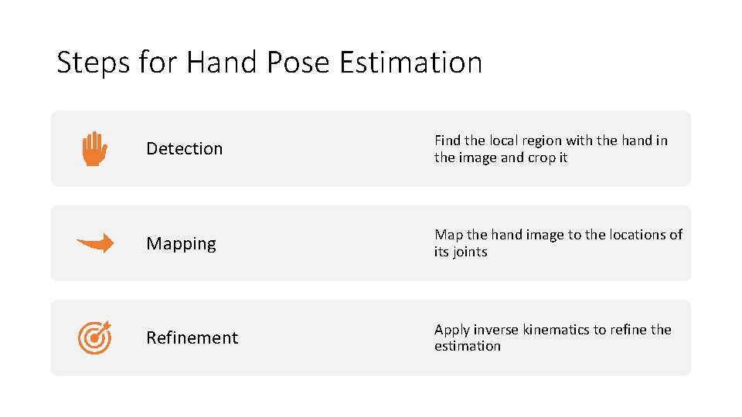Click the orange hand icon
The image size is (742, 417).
click(94, 148)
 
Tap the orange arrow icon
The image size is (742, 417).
click(95, 243)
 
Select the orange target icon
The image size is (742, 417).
click(95, 337)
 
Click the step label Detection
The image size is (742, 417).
click(184, 148)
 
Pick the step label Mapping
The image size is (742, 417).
click(181, 243)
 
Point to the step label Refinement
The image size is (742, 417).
click(192, 337)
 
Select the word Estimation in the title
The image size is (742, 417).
click(411, 62)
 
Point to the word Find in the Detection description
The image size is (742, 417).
click(447, 141)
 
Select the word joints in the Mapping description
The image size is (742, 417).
click(470, 252)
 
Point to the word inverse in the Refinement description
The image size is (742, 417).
click(496, 330)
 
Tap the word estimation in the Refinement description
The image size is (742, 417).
click(467, 346)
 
